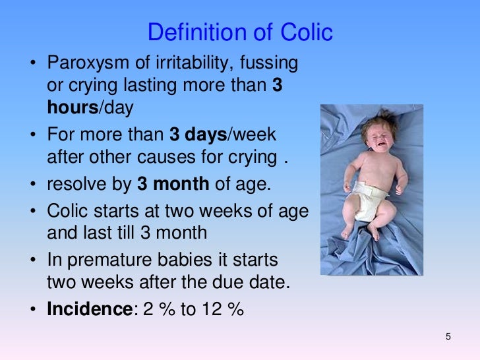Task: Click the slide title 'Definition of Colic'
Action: (240, 32)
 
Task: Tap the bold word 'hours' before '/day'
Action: (73, 108)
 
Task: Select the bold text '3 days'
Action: (198, 135)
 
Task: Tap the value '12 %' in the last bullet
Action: (222, 309)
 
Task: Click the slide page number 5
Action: (448, 338)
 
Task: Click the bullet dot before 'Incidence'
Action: (32, 309)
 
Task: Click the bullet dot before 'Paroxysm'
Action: (32, 65)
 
